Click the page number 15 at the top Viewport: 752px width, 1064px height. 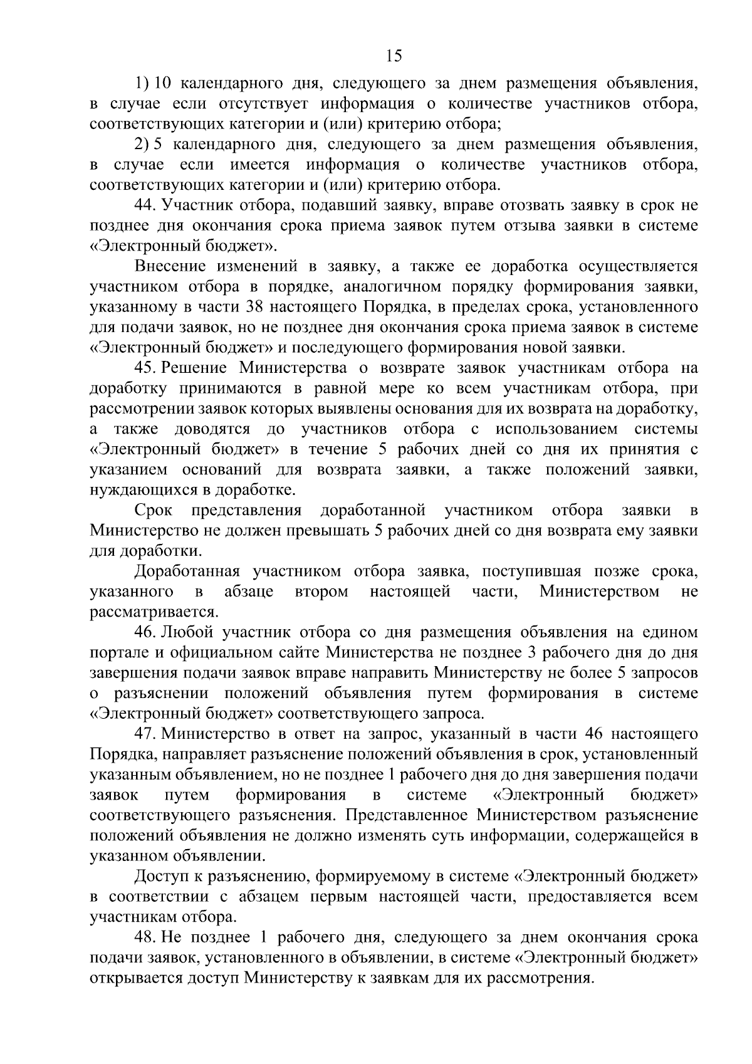394,56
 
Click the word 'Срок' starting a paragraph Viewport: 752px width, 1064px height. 154,511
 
